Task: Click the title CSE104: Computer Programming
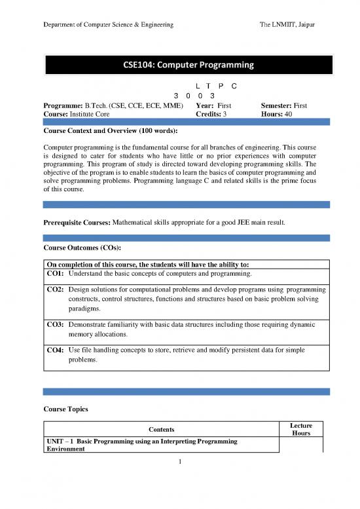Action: coord(189,65)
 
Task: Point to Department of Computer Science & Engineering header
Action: coord(108,24)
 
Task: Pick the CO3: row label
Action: coord(54,324)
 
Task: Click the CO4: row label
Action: coord(54,350)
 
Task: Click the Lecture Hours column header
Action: coord(301,429)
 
